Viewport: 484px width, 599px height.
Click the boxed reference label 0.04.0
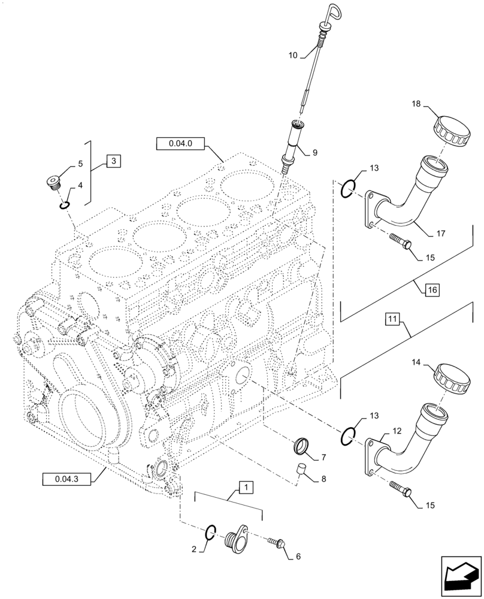coord(180,144)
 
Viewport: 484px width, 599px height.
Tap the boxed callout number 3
coord(114,161)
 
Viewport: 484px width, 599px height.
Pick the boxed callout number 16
coord(432,291)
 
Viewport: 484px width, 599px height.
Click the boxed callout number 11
coord(392,320)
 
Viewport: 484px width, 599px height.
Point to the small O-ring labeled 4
coord(65,206)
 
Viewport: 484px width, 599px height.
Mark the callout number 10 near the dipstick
coord(293,55)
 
